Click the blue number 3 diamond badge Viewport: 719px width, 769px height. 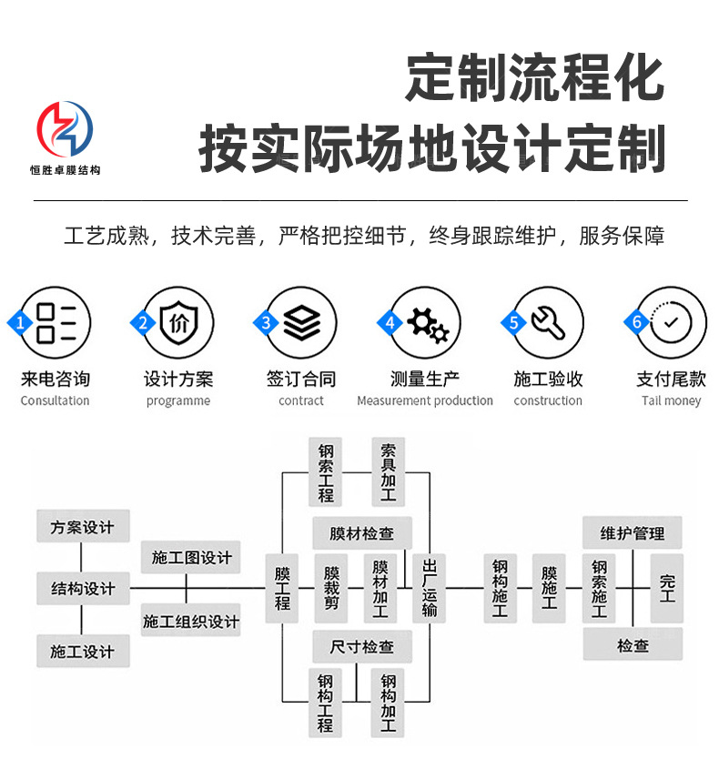pos(266,323)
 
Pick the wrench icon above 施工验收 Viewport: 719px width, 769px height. pos(548,323)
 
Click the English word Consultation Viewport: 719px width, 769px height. pos(55,401)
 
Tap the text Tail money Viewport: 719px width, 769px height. pos(671,401)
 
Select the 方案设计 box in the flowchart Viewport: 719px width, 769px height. pos(83,527)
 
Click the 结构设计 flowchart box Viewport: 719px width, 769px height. pos(83,589)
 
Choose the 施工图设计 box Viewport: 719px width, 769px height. pos(191,558)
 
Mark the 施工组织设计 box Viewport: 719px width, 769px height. pos(191,621)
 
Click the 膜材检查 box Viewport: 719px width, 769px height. pos(362,533)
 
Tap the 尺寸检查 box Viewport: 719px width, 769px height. pos(362,647)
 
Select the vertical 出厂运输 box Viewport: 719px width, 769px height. pos(430,588)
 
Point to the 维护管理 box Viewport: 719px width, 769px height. pos(633,533)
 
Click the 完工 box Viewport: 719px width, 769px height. pos(667,588)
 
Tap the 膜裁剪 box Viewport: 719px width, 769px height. pos(332,588)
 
